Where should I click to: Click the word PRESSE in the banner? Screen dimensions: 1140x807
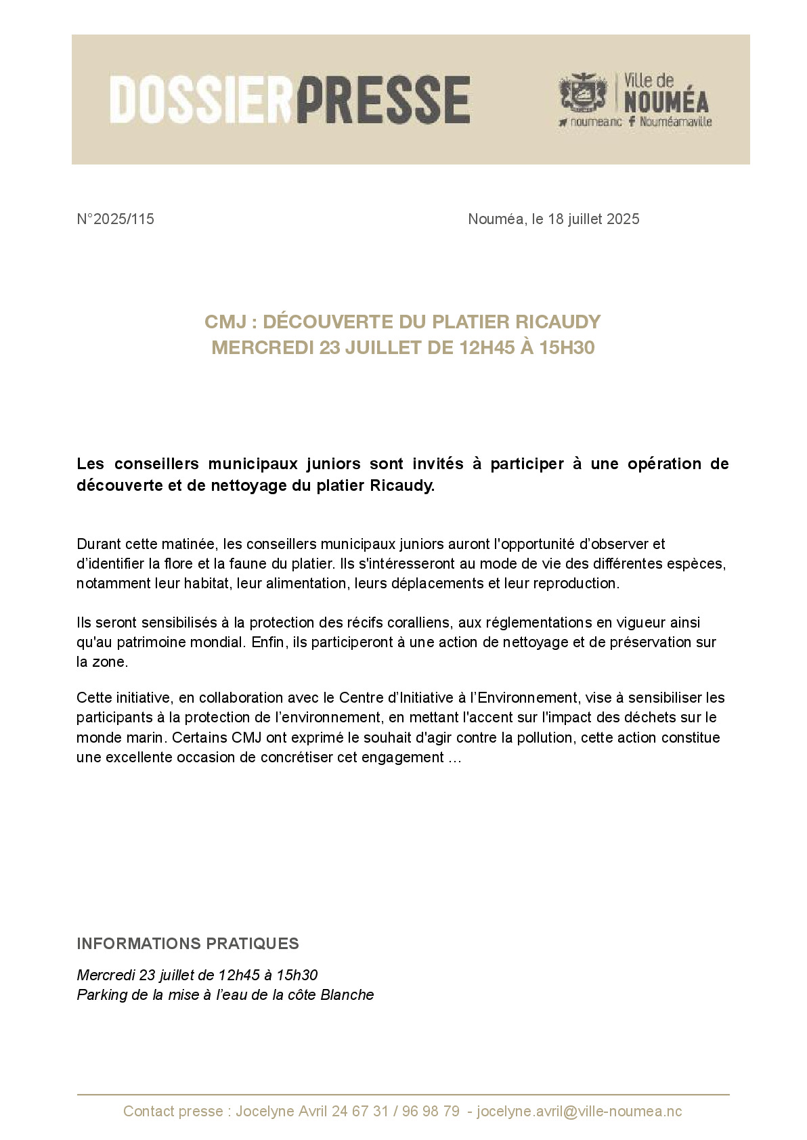(x=383, y=100)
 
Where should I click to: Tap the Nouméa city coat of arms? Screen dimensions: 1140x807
(x=582, y=93)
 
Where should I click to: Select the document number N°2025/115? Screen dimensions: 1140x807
(x=116, y=219)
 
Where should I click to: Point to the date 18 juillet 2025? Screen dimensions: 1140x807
(x=594, y=219)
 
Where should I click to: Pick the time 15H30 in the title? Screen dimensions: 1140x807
(x=567, y=348)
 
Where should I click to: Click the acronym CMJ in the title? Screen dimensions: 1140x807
(x=225, y=322)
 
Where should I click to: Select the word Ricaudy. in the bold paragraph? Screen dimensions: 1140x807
(x=402, y=486)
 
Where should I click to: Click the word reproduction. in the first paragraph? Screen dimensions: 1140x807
(x=576, y=584)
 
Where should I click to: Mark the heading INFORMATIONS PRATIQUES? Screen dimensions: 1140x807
(x=188, y=944)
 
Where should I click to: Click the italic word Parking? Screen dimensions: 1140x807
(x=102, y=995)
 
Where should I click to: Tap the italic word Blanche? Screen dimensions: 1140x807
(x=347, y=995)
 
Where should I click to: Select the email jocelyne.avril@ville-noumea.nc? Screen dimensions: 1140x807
(x=580, y=1112)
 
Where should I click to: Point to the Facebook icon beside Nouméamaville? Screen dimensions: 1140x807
(x=632, y=122)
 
